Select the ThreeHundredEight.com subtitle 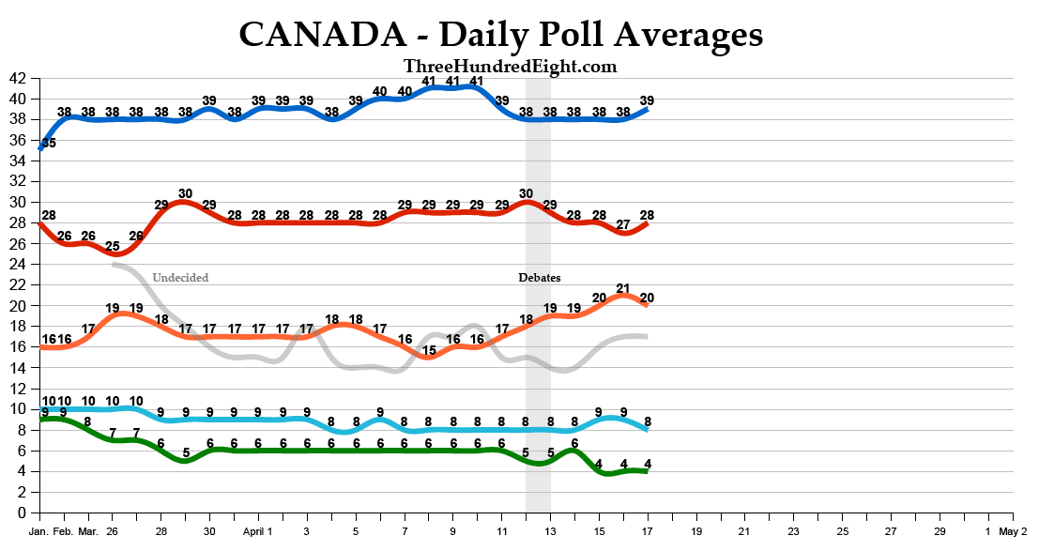pyautogui.click(x=511, y=66)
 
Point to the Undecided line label pyautogui.click(x=180, y=278)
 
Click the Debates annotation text pyautogui.click(x=540, y=278)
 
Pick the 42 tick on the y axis pyautogui.click(x=18, y=78)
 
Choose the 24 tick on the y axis pyautogui.click(x=18, y=265)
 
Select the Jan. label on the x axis pyautogui.click(x=38, y=531)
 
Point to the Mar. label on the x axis pyautogui.click(x=88, y=531)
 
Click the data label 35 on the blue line pyautogui.click(x=48, y=144)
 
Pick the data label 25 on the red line pyautogui.click(x=113, y=247)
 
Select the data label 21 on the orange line pyautogui.click(x=623, y=288)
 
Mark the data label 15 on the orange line pyautogui.click(x=429, y=351)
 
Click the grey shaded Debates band pyautogui.click(x=538, y=394)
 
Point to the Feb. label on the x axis pyautogui.click(x=64, y=531)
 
